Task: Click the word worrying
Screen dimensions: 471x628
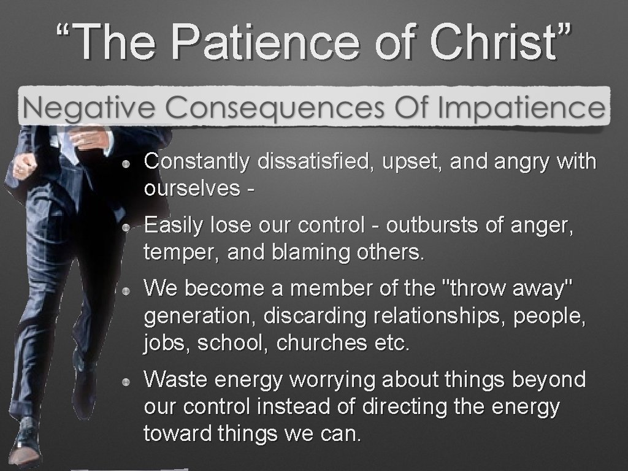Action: coord(333,380)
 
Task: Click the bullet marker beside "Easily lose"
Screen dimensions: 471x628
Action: coord(125,227)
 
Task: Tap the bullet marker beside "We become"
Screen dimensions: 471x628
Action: coord(125,289)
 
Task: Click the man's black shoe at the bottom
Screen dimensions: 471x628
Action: coord(25,438)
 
